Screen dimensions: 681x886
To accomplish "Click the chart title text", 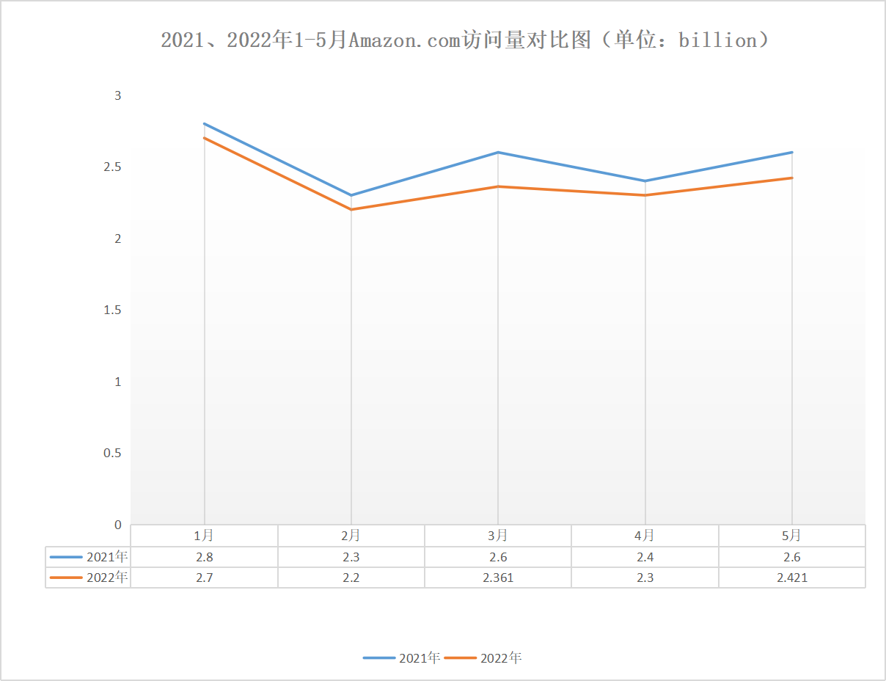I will click(x=465, y=40).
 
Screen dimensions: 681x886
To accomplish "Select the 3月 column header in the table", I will click(x=498, y=536).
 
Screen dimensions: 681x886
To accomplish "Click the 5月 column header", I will click(x=792, y=536).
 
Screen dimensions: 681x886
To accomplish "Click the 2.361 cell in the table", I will click(x=498, y=578).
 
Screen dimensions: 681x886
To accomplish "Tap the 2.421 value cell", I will click(x=792, y=578).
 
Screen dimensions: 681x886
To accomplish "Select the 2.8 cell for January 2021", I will click(x=205, y=557).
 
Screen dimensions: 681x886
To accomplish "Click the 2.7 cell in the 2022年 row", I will click(x=205, y=578).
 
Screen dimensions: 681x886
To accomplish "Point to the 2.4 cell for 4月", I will click(x=645, y=557).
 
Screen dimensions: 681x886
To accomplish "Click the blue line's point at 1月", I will click(x=205, y=124).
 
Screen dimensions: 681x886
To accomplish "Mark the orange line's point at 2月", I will click(x=351, y=210).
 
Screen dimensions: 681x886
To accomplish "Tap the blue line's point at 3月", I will click(x=498, y=153).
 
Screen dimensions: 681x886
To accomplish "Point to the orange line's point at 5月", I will click(x=792, y=178).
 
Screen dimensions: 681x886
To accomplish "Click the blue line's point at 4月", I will click(x=645, y=181).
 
